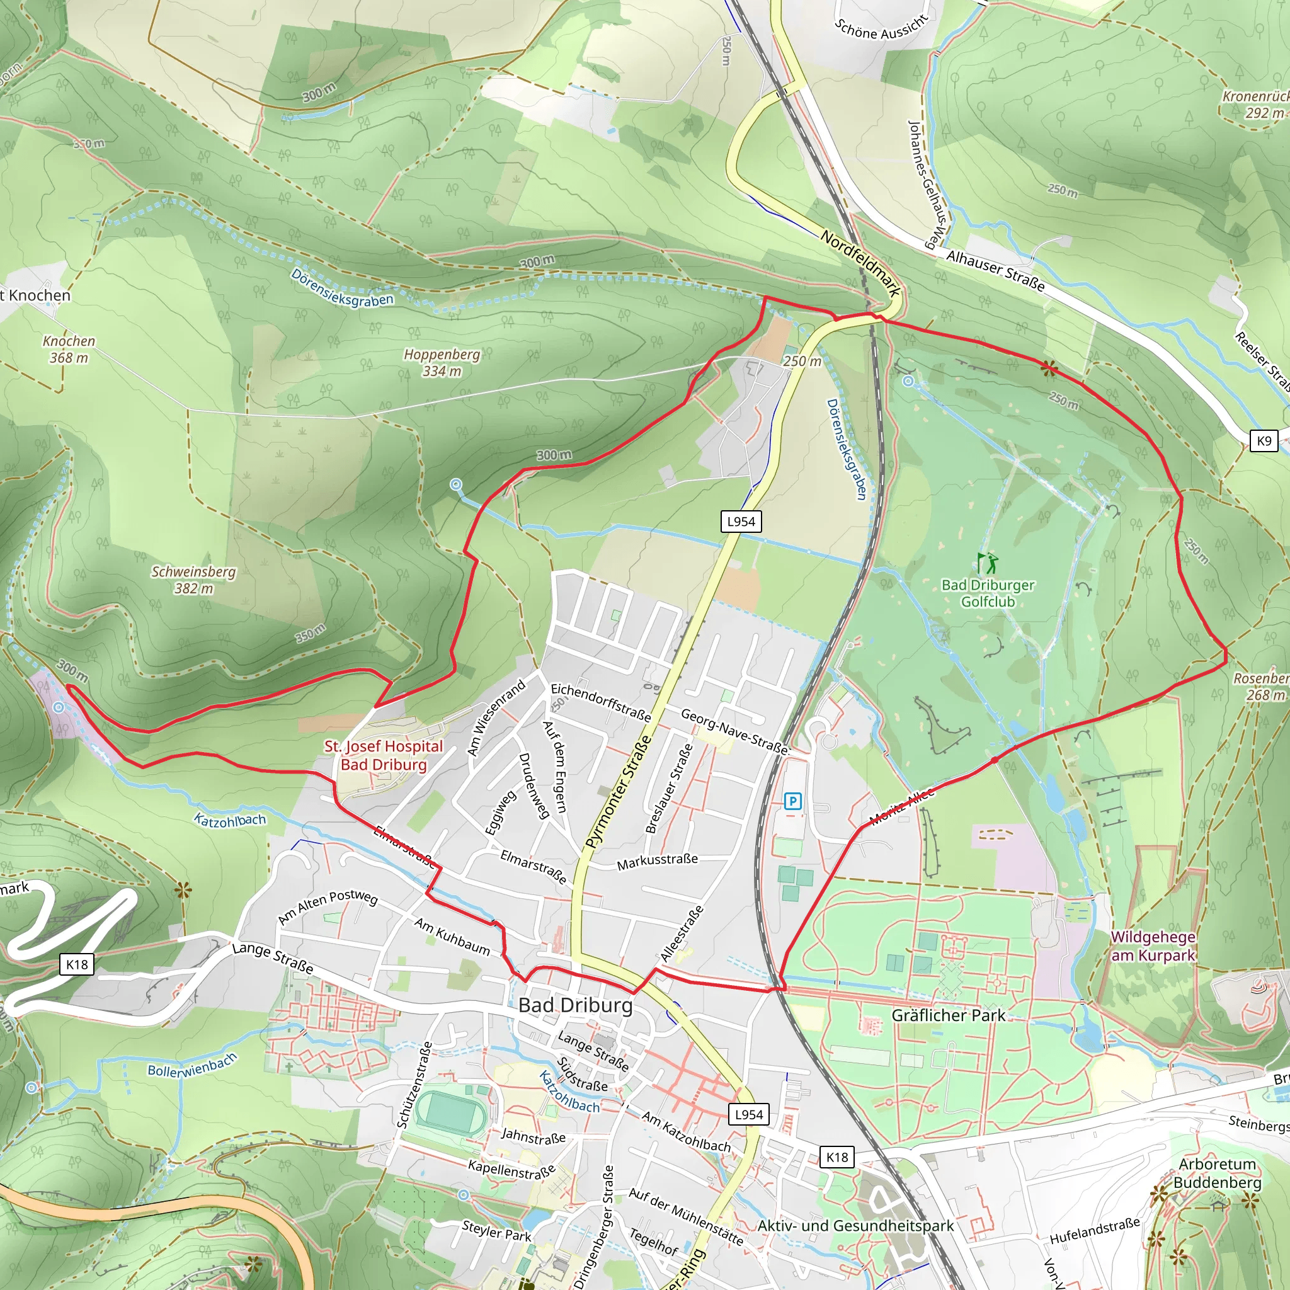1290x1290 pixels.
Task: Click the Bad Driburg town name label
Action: tap(575, 1005)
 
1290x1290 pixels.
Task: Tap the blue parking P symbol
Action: tap(792, 801)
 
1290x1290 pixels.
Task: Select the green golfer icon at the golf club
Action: tap(987, 563)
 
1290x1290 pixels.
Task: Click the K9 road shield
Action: tap(1264, 441)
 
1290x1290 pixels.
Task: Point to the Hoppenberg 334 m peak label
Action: tap(442, 363)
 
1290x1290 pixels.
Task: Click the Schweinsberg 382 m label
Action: tap(193, 579)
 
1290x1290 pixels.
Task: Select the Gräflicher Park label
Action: tap(948, 1015)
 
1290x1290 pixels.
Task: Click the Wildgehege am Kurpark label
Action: tap(1153, 946)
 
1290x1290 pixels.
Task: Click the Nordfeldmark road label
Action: tap(860, 264)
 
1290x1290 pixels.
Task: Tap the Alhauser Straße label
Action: tap(995, 270)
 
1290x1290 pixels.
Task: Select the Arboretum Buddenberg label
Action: tap(1217, 1173)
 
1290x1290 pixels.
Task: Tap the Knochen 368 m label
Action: tap(69, 349)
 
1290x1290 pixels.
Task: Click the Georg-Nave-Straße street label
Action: tap(734, 731)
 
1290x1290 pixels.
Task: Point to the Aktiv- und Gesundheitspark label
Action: tap(855, 1226)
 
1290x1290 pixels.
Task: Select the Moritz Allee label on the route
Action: tap(901, 806)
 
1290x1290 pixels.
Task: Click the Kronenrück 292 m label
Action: tap(1255, 104)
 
